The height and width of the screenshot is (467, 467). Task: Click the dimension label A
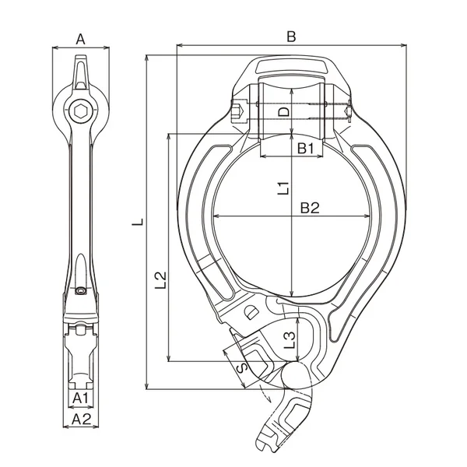click(x=80, y=39)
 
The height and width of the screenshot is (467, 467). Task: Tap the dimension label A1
click(x=81, y=398)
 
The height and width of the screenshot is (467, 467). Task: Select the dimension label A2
click(x=81, y=420)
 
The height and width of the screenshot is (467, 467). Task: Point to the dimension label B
click(x=291, y=37)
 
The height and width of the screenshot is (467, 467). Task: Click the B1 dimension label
click(x=306, y=148)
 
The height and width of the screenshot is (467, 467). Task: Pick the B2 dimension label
click(x=310, y=208)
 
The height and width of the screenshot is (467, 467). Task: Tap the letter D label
click(x=283, y=111)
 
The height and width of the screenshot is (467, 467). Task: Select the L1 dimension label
click(x=283, y=188)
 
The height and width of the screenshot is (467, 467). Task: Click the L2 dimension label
click(x=160, y=280)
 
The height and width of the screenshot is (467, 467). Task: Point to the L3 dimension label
click(x=290, y=340)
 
